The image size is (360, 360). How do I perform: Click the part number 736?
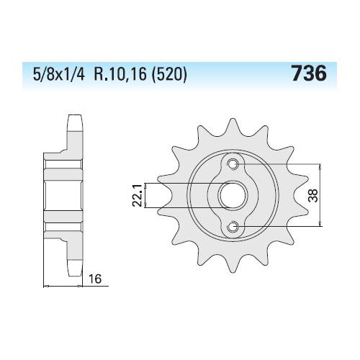[x=309, y=73]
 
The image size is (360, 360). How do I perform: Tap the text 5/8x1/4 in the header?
[x=59, y=74]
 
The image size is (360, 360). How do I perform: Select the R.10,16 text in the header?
[x=120, y=74]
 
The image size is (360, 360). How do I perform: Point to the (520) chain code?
[x=169, y=74]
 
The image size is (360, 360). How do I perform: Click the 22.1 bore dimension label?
[x=137, y=195]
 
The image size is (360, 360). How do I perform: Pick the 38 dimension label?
[x=313, y=195]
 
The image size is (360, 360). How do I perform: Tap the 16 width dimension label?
[x=95, y=279]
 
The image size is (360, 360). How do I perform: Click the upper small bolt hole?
[x=233, y=164]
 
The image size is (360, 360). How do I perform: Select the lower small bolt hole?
[x=233, y=226]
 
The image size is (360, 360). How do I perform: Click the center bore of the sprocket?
[x=233, y=195]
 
